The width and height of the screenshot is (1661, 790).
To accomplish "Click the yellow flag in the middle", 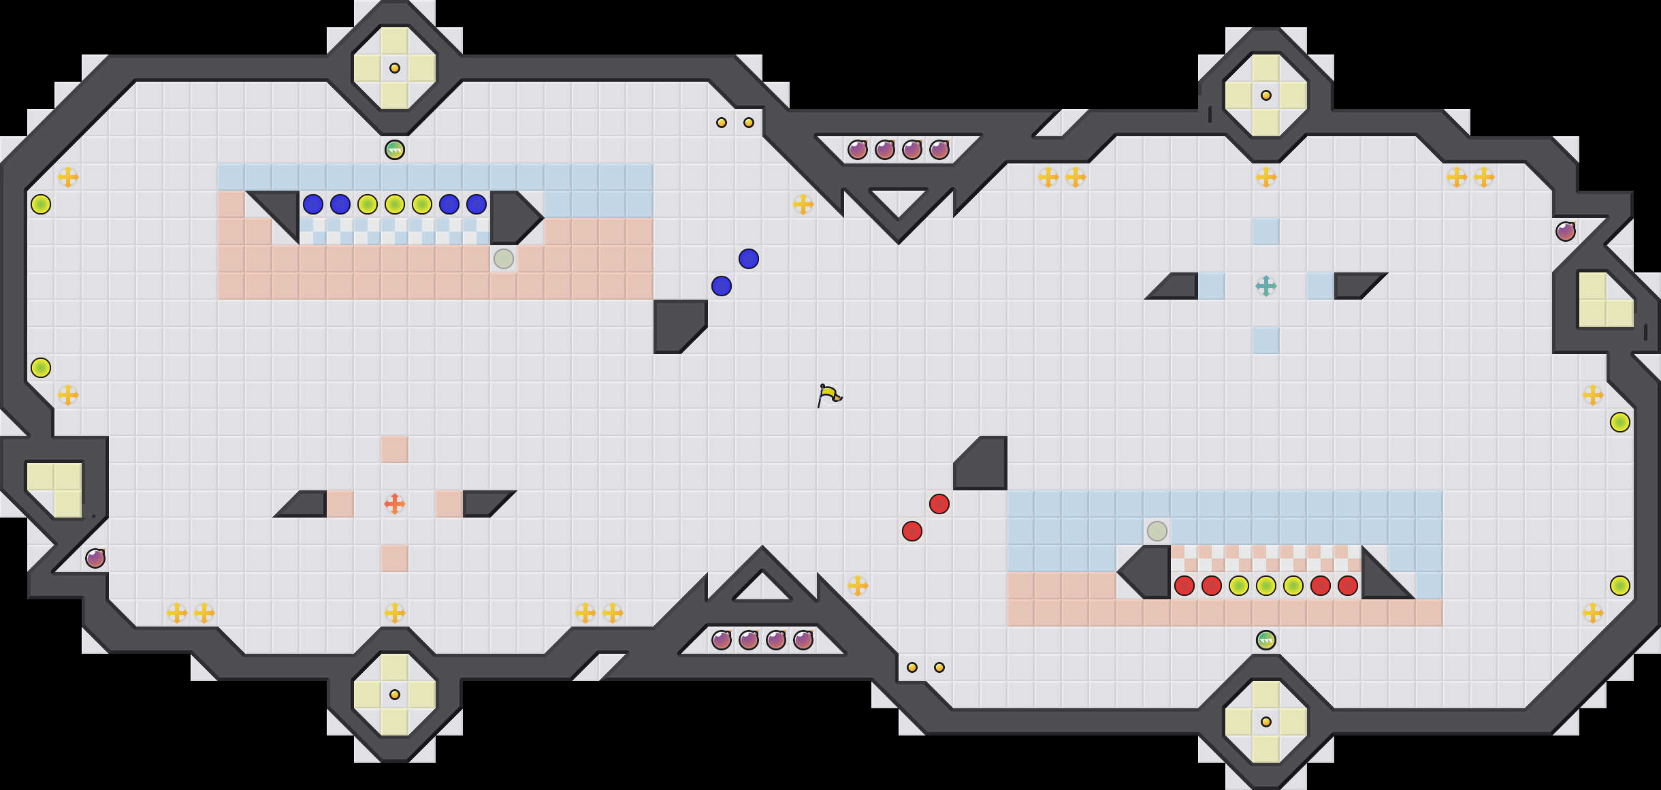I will pos(829,395).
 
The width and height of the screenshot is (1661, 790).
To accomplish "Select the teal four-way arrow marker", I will pos(1265,286).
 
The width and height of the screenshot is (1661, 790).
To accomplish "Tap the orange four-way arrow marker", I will pos(394,504).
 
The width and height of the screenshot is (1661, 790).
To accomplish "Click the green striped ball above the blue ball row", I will pos(395,150).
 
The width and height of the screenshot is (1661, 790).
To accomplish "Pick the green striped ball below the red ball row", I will pos(1265,640).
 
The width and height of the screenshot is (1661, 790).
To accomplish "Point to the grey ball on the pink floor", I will pos(504,259).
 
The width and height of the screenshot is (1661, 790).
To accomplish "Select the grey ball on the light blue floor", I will pos(1157,531).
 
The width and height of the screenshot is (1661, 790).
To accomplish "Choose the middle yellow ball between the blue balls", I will pos(395,204).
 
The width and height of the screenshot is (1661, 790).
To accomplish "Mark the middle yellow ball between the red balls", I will pos(1265,586).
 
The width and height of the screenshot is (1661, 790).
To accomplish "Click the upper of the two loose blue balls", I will pos(749,259).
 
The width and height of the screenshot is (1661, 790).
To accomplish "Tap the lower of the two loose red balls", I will pos(912,531).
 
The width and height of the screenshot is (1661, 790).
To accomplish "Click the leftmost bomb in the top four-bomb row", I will pos(858,150).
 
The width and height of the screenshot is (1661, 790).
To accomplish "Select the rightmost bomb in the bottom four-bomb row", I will pos(803,640).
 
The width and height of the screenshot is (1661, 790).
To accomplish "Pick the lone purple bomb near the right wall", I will pos(1566,232).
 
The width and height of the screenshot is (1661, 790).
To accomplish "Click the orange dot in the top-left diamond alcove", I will pos(395,68).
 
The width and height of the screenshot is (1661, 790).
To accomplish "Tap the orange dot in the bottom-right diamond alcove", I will pos(1265,722).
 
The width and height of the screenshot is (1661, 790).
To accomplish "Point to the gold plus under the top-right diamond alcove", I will pos(1265,177).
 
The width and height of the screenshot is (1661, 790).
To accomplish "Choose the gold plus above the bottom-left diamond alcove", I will pos(395,613).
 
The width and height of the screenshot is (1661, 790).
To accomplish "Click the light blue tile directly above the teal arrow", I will pos(1265,232).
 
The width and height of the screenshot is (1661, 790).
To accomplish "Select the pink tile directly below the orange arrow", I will pos(395,558).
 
